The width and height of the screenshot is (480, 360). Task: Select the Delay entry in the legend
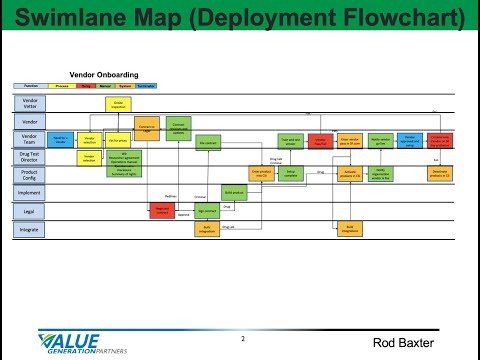click(87, 87)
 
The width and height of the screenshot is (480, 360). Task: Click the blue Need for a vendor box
click(59, 140)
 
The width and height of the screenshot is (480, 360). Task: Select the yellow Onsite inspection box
click(117, 104)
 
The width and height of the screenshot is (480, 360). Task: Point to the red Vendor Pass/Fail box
click(321, 141)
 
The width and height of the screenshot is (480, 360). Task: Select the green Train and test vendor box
click(290, 141)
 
